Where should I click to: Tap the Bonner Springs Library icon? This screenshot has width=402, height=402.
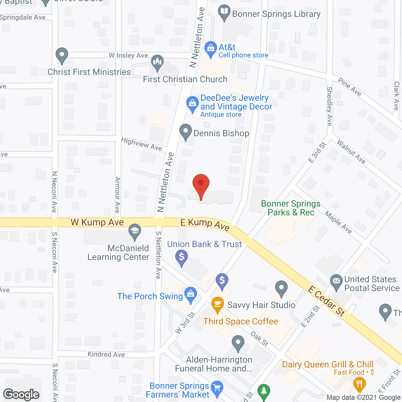[224, 12]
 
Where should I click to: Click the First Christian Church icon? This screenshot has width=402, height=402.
[157, 62]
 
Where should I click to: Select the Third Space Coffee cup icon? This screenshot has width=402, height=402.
[217, 304]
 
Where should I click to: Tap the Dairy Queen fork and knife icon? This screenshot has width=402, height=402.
[359, 384]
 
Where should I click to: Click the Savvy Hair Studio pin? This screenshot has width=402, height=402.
[281, 288]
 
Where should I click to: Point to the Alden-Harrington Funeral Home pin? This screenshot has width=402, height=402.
[238, 343]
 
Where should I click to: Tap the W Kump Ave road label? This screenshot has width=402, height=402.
[97, 222]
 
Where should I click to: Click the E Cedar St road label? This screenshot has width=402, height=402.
[327, 301]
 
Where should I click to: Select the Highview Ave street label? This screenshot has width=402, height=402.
[142, 144]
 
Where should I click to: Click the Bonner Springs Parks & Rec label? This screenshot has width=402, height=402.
[291, 208]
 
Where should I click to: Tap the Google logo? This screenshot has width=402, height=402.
[21, 394]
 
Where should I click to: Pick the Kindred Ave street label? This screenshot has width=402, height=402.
[106, 354]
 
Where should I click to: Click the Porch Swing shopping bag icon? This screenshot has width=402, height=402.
[190, 295]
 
